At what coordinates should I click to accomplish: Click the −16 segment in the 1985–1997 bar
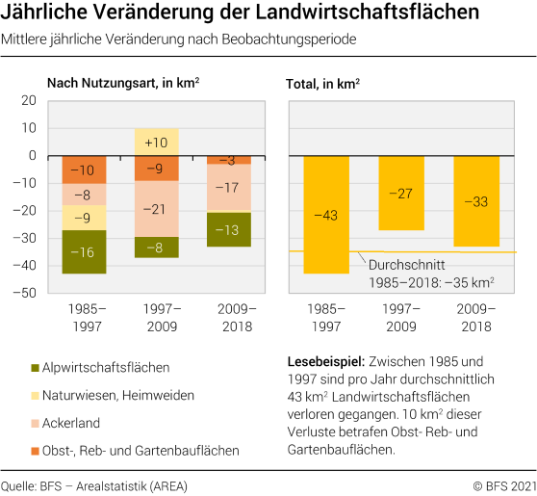[x=85, y=252]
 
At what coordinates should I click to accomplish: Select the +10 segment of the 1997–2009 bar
[x=157, y=143]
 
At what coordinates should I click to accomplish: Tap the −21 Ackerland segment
[x=157, y=209]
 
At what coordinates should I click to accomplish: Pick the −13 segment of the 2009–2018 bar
[x=229, y=229]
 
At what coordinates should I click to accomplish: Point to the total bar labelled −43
[x=326, y=215]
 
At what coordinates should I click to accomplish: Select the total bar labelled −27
[x=400, y=193]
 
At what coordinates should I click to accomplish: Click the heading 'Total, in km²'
[x=323, y=84]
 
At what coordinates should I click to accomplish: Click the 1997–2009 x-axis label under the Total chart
[x=400, y=318]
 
